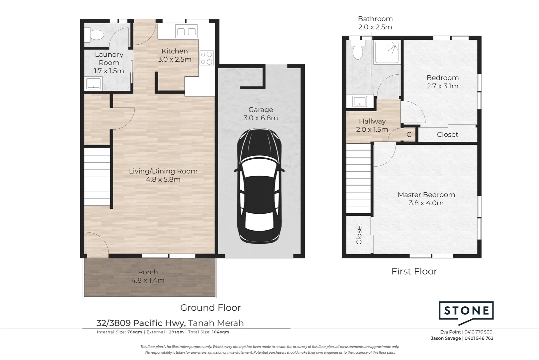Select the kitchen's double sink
coord(186,32)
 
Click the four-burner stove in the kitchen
coord(207,58)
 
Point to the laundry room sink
coord(94,84)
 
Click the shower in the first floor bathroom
coord(386,52)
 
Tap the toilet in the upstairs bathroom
coord(357,51)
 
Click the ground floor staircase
coord(97,177)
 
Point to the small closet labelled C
coord(409,135)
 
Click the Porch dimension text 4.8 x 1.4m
coord(148,281)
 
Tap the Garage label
coord(261,110)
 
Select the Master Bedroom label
coord(426,195)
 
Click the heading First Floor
coord(414,271)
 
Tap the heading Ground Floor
coord(210,308)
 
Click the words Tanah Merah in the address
coord(216,323)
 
